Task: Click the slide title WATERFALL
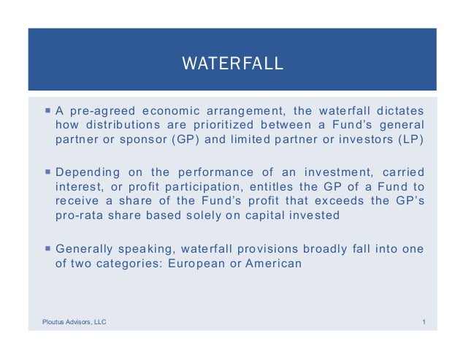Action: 232,64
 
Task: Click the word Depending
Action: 86,172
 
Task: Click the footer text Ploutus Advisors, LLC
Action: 73,321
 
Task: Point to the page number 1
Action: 424,321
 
